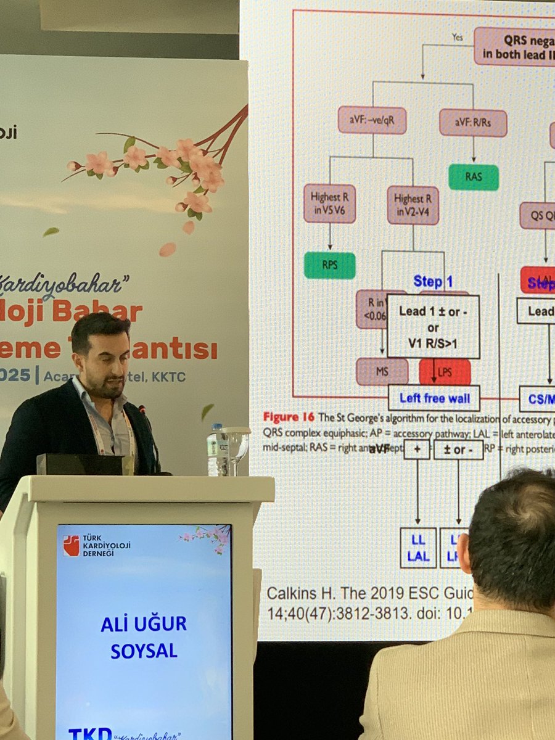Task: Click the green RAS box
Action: [x=474, y=177]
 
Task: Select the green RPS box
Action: [x=329, y=265]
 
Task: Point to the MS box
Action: [x=382, y=372]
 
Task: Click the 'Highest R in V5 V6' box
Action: [x=329, y=203]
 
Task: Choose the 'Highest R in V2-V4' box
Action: [x=413, y=205]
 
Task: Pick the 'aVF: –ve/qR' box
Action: [x=372, y=120]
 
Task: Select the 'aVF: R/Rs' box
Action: [x=473, y=123]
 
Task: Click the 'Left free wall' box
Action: [x=434, y=398]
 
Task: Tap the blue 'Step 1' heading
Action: [x=433, y=282]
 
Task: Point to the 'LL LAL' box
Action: [x=417, y=547]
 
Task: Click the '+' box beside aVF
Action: [x=417, y=449]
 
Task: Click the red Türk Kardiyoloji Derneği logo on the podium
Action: [x=71, y=545]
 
